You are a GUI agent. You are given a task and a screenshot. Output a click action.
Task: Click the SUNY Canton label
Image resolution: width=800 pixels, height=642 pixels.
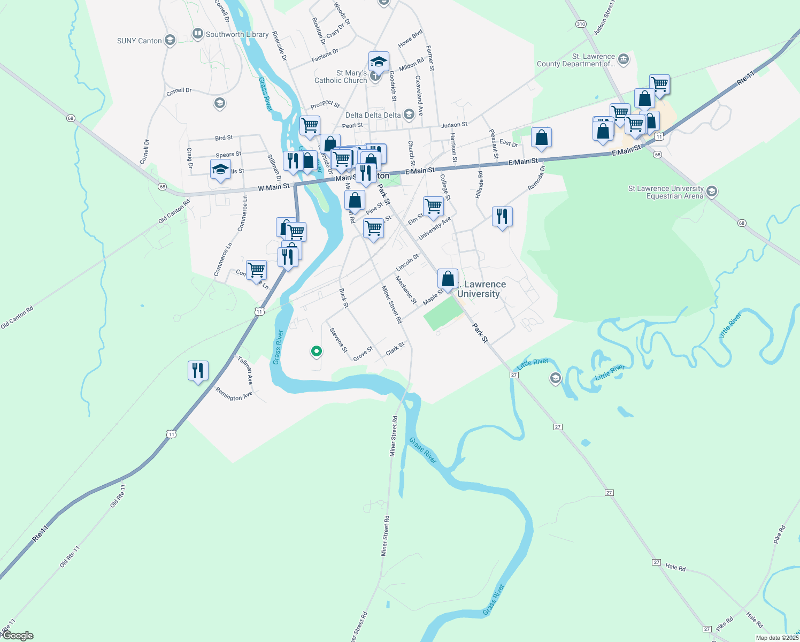coord(139,41)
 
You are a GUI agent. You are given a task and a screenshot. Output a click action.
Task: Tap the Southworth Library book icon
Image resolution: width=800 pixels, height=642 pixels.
coord(197,34)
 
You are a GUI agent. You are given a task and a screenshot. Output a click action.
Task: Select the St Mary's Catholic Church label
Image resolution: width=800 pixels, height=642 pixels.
coord(341,77)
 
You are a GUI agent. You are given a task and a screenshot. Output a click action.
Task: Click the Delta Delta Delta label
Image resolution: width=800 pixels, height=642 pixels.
coord(373,115)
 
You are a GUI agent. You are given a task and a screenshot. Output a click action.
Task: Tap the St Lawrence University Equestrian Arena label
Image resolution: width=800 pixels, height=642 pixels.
coord(666,192)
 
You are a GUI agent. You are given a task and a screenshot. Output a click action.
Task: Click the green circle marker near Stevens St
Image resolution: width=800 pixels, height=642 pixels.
coord(316,351)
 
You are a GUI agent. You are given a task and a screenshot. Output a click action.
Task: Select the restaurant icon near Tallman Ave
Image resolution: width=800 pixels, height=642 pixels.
coord(198,370)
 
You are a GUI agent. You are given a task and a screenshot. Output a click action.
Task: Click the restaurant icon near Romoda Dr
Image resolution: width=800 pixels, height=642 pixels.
coord(502,217)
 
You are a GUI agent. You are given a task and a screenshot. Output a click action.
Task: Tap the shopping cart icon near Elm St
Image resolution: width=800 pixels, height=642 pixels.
coord(433,206)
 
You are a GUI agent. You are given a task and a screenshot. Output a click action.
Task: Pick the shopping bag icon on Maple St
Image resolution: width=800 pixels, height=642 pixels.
coord(448,279)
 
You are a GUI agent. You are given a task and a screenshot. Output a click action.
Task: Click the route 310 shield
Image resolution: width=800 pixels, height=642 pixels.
coord(581,24)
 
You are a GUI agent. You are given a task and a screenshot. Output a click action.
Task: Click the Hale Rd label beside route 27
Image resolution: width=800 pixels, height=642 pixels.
coord(675,568)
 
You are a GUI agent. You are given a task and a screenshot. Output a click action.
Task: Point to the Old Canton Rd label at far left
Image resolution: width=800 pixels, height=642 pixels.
coord(17,317)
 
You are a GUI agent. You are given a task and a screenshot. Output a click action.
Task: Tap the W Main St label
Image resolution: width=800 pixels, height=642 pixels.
coord(273,187)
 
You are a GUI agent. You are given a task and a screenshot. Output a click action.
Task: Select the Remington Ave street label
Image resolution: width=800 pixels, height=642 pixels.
coord(234,394)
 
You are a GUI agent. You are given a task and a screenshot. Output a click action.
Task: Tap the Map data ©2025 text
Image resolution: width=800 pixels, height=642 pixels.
coord(777,638)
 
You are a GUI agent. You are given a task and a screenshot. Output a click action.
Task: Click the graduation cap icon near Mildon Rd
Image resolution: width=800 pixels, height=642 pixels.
coord(379,62)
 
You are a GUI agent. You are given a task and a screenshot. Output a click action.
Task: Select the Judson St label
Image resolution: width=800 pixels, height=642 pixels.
coord(454,125)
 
